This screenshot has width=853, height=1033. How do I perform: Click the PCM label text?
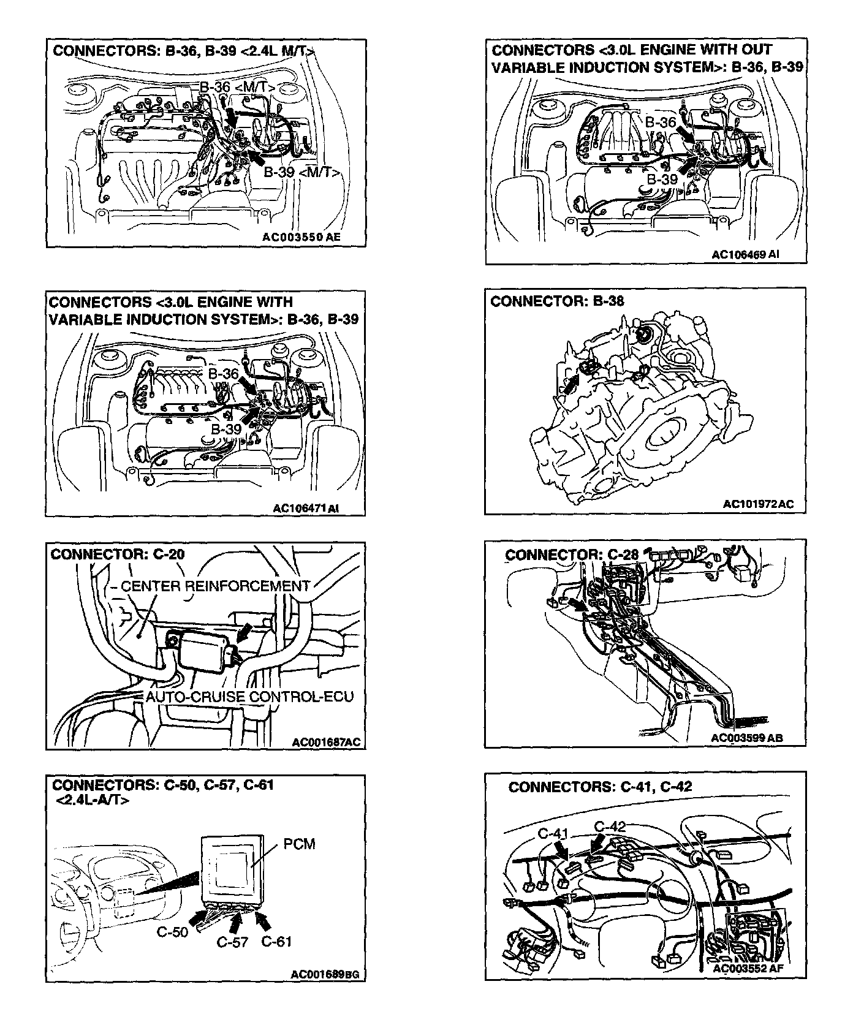click(x=299, y=844)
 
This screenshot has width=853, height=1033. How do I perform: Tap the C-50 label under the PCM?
click(x=172, y=932)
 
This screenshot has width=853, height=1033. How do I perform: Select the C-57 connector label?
click(x=232, y=942)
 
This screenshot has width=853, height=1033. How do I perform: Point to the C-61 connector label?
click(x=276, y=942)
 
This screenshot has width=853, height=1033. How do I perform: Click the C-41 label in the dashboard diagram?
click(x=554, y=834)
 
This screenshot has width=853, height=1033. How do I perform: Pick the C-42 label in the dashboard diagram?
click(x=610, y=827)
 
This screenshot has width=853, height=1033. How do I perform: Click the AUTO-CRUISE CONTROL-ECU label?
click(x=249, y=697)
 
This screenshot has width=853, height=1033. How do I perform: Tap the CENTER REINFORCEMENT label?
click(x=215, y=586)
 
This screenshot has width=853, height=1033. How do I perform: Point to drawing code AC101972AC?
click(x=758, y=504)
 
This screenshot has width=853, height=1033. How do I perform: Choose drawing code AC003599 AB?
click(x=747, y=738)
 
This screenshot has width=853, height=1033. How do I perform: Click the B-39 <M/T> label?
click(x=302, y=173)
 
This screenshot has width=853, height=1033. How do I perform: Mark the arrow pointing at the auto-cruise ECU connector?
click(x=243, y=633)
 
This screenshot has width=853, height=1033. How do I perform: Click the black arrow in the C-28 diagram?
click(x=576, y=605)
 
